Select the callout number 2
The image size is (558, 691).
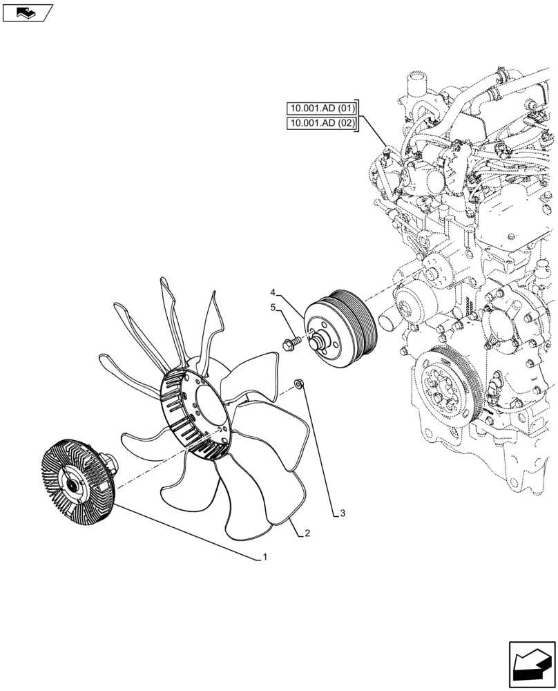tap(307, 533)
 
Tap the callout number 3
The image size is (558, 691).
tap(343, 513)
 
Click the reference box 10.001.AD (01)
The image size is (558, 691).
tap(321, 108)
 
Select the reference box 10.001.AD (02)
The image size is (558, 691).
tap(321, 124)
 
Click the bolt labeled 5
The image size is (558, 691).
tap(291, 341)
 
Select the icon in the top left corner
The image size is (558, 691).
tap(26, 12)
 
